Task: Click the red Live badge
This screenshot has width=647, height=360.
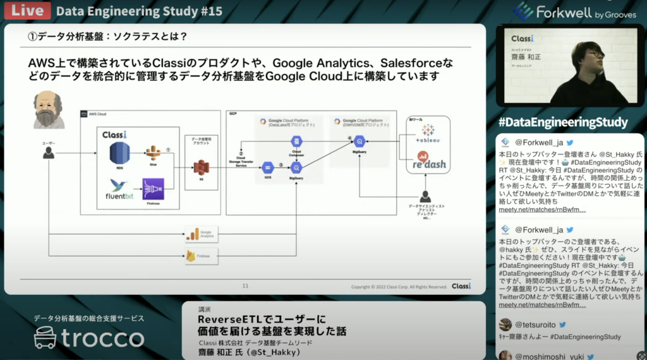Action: click(25, 11)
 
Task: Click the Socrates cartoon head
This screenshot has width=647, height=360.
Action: click(50, 109)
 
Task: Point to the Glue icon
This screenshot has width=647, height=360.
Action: click(153, 153)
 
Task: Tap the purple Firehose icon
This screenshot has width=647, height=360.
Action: click(153, 189)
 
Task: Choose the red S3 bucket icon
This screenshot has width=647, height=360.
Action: click(201, 167)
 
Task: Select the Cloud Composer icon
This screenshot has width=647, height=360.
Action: click(296, 143)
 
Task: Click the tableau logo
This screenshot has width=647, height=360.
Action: click(426, 134)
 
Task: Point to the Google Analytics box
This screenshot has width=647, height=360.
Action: click(201, 234)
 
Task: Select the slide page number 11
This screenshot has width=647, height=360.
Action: click(245, 286)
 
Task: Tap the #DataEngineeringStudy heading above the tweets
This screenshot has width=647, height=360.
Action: click(562, 122)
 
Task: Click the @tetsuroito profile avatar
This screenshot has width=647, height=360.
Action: click(505, 325)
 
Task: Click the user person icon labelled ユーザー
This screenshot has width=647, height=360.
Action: click(48, 152)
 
